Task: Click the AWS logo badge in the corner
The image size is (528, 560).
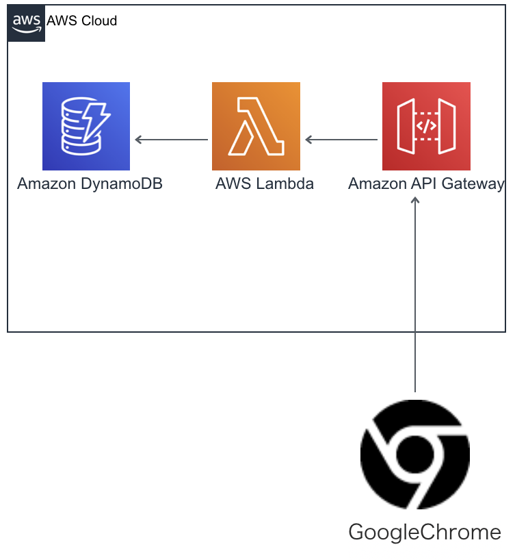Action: coord(27,23)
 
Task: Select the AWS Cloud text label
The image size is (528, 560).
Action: coord(81,21)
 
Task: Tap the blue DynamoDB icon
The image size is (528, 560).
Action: coord(85,126)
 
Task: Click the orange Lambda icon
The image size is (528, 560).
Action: coord(256,126)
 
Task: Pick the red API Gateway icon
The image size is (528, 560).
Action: coord(426,126)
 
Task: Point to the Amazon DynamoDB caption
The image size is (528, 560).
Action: coord(90,183)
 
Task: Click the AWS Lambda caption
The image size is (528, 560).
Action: coord(264,183)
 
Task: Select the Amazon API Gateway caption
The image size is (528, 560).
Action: coord(426,183)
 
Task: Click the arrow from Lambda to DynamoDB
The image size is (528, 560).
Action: coord(171,140)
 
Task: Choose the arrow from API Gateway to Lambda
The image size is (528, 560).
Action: coord(341,140)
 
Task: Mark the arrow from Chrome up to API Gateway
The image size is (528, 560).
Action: coord(415,294)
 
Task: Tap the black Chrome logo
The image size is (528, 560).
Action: coord(415,455)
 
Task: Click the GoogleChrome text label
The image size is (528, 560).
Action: coord(425,532)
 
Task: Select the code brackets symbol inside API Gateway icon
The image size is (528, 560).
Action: coord(426,126)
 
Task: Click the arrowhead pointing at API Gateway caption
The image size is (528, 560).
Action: coord(415,200)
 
